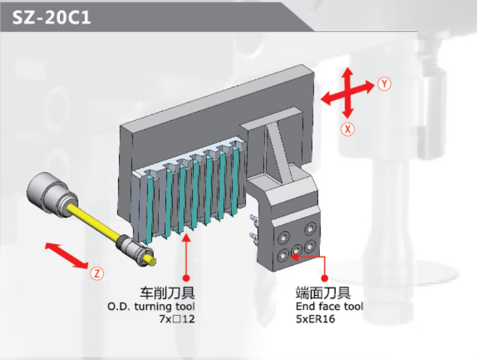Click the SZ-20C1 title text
coord(51,18)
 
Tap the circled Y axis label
coord(384,84)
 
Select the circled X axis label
coord(347,129)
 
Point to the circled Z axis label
coord(97,273)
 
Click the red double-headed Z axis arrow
coord(67,256)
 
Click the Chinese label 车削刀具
coord(167,293)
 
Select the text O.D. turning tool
coord(151,306)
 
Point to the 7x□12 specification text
coord(177,319)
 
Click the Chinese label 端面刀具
coord(323,293)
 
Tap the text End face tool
coord(330,306)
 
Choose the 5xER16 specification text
coord(315,319)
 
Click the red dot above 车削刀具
coord(186,278)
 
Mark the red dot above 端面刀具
coord(324,278)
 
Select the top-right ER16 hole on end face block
coord(311,229)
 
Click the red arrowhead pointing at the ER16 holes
coord(294,257)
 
